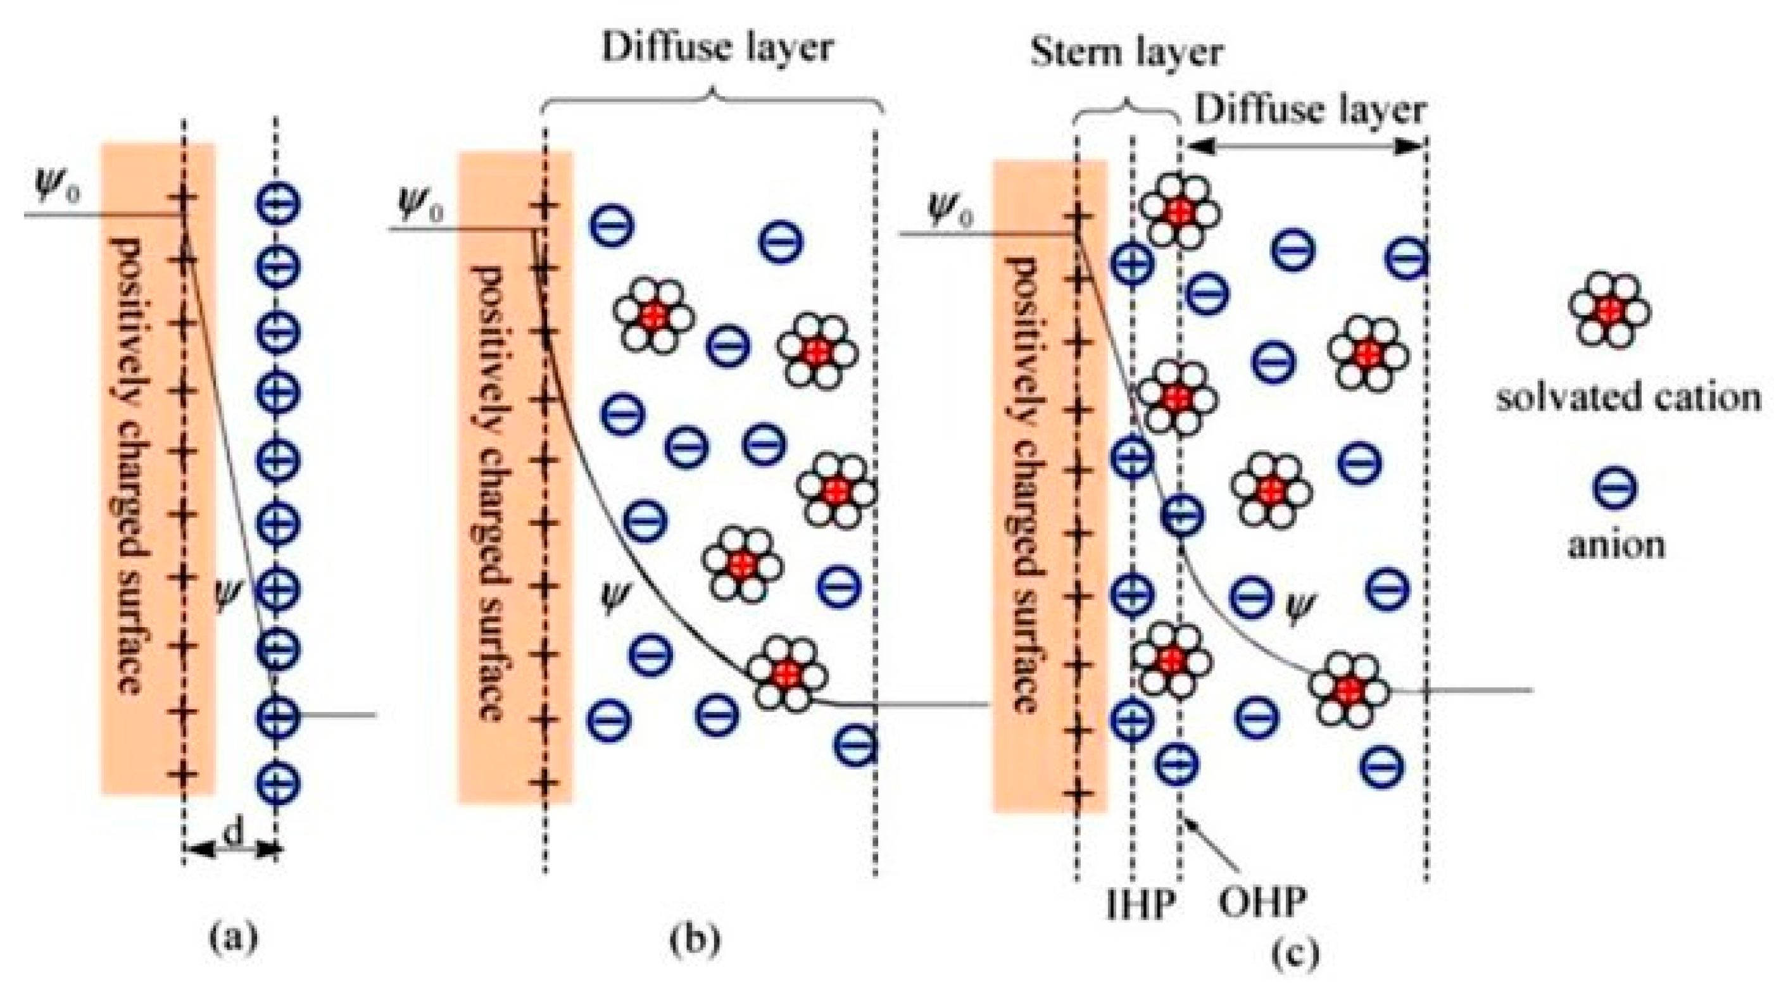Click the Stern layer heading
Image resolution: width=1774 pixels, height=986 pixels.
pyautogui.click(x=1127, y=53)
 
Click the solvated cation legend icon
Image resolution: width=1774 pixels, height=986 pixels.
pyautogui.click(x=1609, y=310)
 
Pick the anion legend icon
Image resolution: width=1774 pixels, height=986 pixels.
pyautogui.click(x=1614, y=488)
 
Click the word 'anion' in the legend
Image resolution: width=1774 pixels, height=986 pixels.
pyautogui.click(x=1616, y=546)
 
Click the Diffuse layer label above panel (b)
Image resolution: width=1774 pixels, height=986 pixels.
pyautogui.click(x=717, y=48)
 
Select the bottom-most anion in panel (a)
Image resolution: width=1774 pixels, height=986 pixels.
pyautogui.click(x=277, y=782)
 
